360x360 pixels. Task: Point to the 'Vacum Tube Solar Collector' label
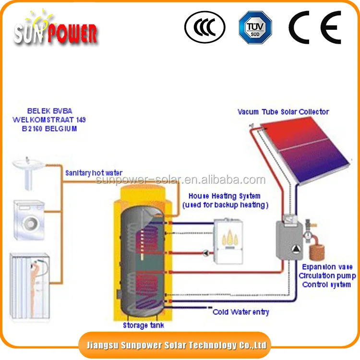point(283,112)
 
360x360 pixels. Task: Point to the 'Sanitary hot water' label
point(94,173)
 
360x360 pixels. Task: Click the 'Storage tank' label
point(144,325)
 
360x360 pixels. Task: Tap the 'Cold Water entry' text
point(241,312)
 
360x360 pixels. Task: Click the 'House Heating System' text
point(224,196)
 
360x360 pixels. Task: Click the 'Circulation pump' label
point(327,276)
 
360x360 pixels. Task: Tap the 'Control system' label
point(326,284)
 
